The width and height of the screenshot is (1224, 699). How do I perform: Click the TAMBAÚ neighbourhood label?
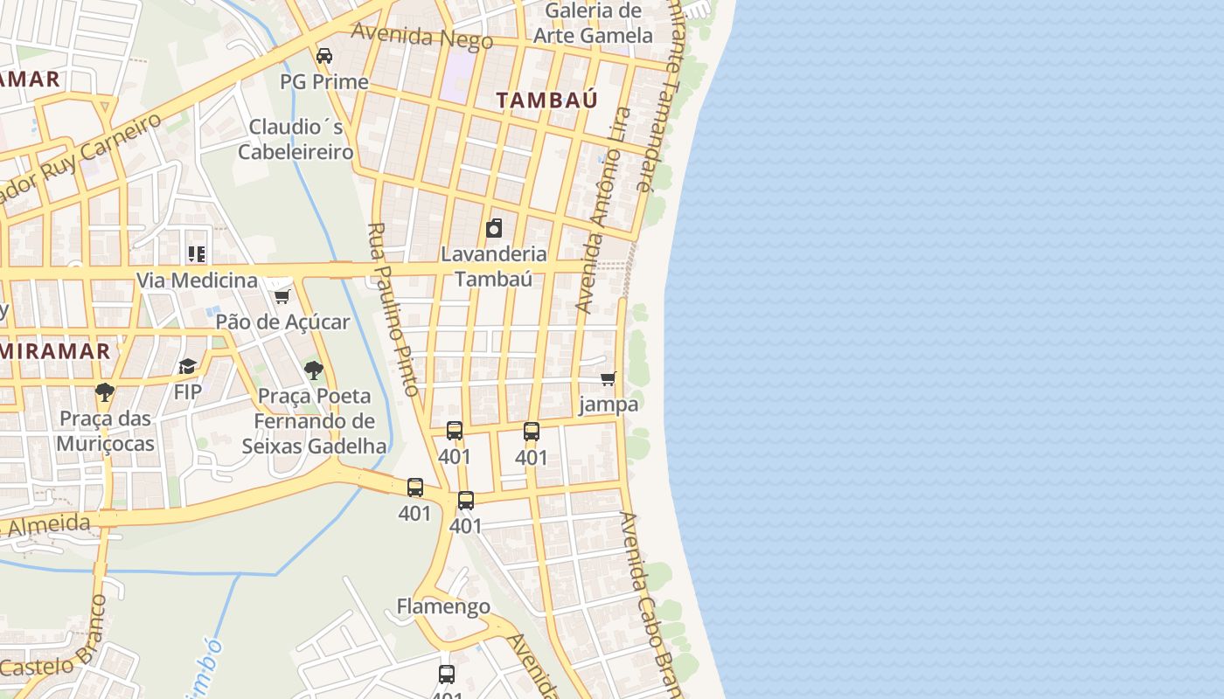click(x=547, y=100)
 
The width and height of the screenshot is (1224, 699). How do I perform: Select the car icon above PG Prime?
click(x=324, y=56)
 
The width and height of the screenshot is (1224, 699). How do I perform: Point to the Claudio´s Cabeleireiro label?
click(x=296, y=139)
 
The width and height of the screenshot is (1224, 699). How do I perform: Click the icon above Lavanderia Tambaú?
click(x=494, y=229)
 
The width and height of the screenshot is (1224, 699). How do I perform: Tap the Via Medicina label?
click(x=197, y=280)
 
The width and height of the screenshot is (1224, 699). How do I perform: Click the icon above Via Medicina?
click(x=197, y=254)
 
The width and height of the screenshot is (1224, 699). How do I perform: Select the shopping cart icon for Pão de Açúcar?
click(x=282, y=296)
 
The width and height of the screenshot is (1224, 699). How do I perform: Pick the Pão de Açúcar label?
click(x=282, y=322)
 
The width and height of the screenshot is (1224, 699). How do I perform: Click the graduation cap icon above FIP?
click(x=187, y=366)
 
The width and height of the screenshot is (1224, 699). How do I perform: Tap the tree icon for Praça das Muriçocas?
click(x=105, y=392)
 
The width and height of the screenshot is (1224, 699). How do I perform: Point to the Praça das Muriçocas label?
click(x=105, y=431)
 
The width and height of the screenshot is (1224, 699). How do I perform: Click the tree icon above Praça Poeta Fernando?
click(x=314, y=370)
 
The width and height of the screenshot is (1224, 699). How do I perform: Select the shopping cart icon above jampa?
click(x=608, y=379)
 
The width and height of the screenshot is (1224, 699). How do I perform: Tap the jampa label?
click(x=609, y=405)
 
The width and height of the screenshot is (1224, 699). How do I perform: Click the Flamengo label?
click(x=443, y=606)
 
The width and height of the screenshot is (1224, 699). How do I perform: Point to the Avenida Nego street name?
click(x=421, y=37)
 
